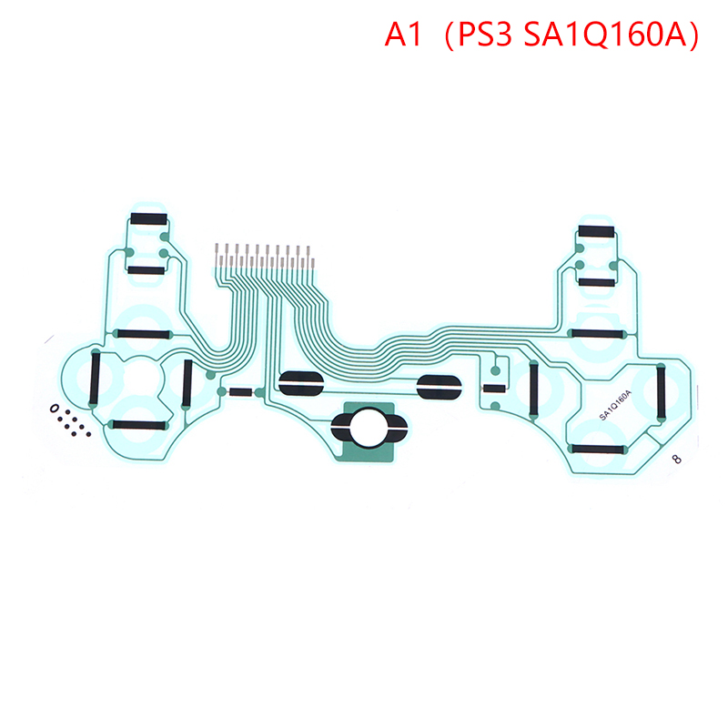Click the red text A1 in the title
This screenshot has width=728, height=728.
(403, 35)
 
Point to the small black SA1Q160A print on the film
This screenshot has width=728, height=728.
(616, 405)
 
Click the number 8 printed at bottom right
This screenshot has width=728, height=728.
(677, 459)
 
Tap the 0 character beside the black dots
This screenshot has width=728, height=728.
(55, 409)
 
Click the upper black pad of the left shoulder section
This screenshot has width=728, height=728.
(148, 218)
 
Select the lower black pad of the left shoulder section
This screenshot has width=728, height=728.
(147, 270)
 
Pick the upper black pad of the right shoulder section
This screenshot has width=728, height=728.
(597, 231)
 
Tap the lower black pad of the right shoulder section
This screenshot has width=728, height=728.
(597, 282)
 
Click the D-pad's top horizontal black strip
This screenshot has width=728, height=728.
(143, 334)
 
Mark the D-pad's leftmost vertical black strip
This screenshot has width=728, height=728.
(96, 378)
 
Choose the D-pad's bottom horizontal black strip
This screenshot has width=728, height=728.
(139, 425)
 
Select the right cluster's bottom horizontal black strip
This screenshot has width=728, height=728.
(598, 449)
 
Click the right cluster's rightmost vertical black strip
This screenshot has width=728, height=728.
(661, 390)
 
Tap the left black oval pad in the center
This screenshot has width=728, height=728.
(301, 383)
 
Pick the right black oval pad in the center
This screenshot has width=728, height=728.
(439, 387)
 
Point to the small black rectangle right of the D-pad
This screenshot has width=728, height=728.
(240, 392)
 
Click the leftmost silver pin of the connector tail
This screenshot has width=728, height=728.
(217, 255)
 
